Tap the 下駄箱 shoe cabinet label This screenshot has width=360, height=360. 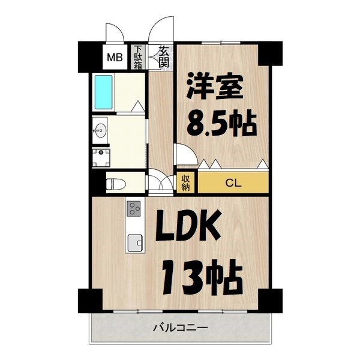pyautogui.click(x=139, y=58)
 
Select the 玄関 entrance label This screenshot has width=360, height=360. pyautogui.click(x=164, y=56)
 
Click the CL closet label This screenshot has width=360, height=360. pyautogui.click(x=233, y=183)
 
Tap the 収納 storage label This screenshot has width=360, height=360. pyautogui.click(x=185, y=182)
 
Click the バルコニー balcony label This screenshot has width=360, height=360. pyautogui.click(x=179, y=328)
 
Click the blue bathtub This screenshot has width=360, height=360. pyautogui.click(x=104, y=92)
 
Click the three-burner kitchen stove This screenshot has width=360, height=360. pyautogui.click(x=134, y=209)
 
